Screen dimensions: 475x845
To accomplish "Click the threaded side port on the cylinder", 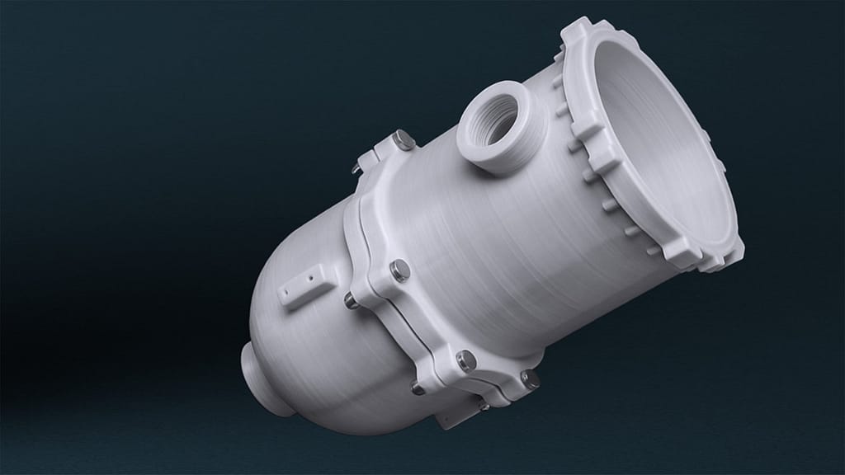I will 495,132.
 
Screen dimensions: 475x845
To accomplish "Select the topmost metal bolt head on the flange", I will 404,140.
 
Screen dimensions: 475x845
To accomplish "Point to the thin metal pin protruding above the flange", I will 355,168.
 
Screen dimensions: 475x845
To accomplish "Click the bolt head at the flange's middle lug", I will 400,270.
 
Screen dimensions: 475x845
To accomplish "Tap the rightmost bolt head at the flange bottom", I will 531,378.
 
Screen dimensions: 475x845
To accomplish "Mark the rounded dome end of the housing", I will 297,346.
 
